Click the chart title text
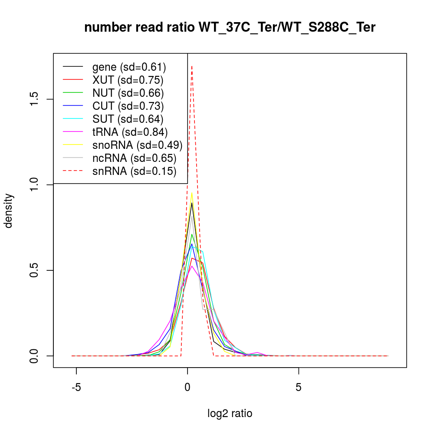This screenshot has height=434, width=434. [230, 28]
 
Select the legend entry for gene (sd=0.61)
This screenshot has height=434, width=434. [129, 67]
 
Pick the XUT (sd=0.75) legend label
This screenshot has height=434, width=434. [128, 80]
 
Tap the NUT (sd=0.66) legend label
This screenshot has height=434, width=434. [128, 93]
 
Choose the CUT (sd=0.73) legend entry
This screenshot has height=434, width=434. [128, 106]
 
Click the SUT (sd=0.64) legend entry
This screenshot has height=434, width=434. [128, 119]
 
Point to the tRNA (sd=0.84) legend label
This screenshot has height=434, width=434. [130, 132]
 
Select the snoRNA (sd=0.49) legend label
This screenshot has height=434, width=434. [137, 145]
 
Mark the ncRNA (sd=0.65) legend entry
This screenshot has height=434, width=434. [134, 158]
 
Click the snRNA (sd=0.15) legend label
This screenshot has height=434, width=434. [134, 171]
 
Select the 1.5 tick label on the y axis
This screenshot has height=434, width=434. [36, 99]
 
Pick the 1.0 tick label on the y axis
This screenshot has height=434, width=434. [36, 184]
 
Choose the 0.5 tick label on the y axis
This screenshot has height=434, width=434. [36, 270]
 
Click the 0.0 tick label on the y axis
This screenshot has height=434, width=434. [36, 355]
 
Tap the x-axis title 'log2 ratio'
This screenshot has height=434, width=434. [230, 414]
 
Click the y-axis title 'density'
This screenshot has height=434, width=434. [9, 210]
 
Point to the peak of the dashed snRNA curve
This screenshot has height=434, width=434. [192, 66]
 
